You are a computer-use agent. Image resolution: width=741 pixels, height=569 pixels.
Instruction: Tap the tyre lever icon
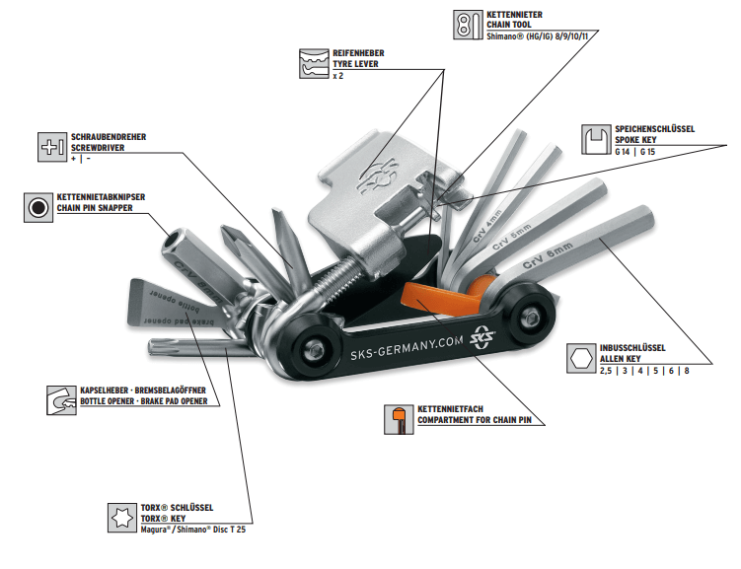pyautogui.click(x=314, y=63)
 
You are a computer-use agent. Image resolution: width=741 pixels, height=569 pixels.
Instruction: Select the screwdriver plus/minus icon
pyautogui.click(x=52, y=146)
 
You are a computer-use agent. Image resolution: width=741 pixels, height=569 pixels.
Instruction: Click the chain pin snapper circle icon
pyautogui.click(x=38, y=207)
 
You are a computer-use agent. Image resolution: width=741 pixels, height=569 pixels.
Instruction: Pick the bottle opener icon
pyautogui.click(x=61, y=400)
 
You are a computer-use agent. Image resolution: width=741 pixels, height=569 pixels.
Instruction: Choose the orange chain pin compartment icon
pyautogui.click(x=398, y=419)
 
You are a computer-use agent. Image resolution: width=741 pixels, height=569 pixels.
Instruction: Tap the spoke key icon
pyautogui.click(x=594, y=140)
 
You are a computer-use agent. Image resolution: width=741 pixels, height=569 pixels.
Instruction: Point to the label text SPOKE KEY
pyautogui.click(x=639, y=141)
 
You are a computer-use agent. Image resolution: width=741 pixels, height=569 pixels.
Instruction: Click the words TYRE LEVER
pyautogui.click(x=354, y=64)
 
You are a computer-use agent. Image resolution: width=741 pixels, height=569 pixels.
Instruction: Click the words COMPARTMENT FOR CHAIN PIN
pyautogui.click(x=481, y=419)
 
